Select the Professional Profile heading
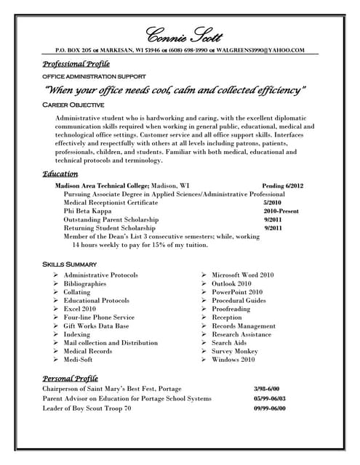pyautogui.click(x=76, y=64)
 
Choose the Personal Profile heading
pyautogui.click(x=70, y=378)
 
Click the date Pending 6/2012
pyautogui.click(x=283, y=186)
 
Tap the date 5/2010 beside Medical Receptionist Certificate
pyautogui.click(x=272, y=203)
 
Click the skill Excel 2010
pyautogui.click(x=79, y=309)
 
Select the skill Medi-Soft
pyautogui.click(x=78, y=360)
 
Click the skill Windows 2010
pyautogui.click(x=233, y=360)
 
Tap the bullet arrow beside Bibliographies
pyautogui.click(x=55, y=284)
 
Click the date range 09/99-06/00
pyautogui.click(x=269, y=409)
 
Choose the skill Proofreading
pyautogui.click(x=231, y=309)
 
